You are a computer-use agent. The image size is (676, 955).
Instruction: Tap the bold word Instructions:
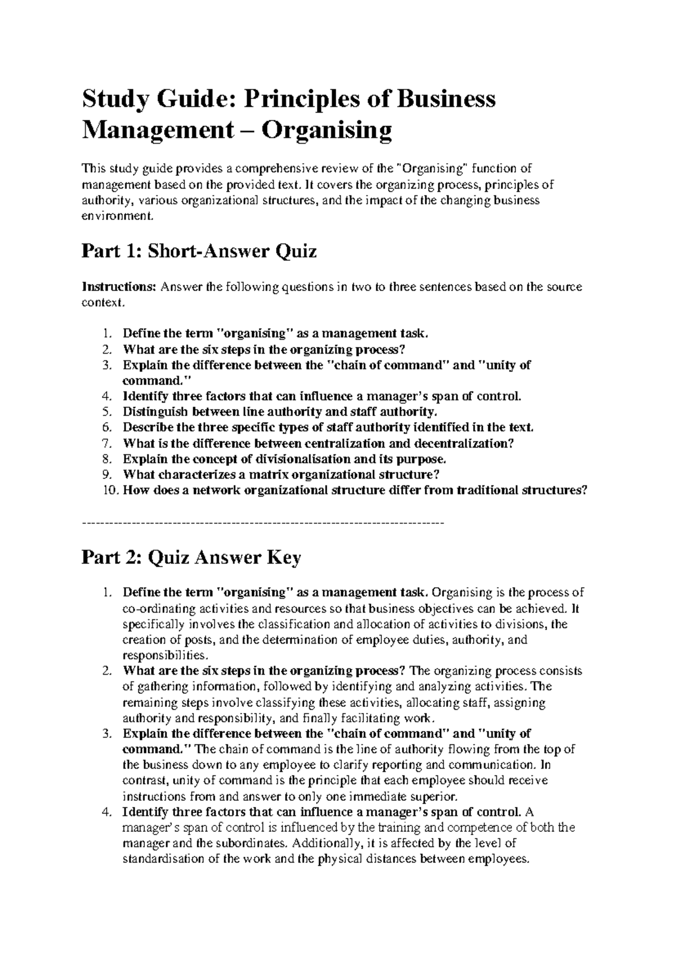[119, 287]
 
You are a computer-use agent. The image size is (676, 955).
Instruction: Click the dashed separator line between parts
[263, 523]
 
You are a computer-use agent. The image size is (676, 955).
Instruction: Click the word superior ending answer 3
[439, 796]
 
